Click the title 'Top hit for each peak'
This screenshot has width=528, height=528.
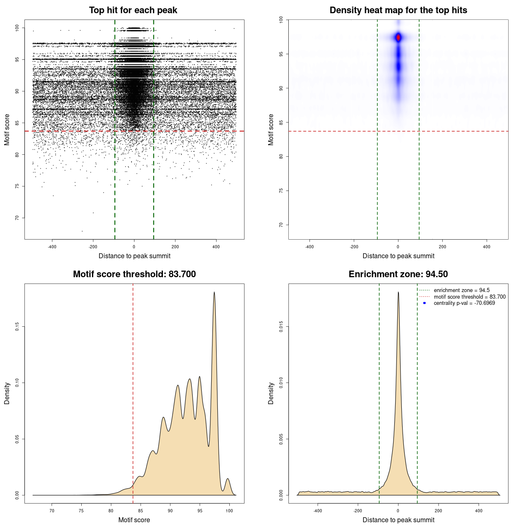(133, 10)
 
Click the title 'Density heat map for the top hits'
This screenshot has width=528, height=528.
(398, 10)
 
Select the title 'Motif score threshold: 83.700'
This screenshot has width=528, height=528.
(134, 274)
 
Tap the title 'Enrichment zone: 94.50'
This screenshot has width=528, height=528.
(398, 274)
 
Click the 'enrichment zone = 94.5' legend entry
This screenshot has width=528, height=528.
(462, 290)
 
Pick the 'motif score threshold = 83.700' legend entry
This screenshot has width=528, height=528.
(469, 297)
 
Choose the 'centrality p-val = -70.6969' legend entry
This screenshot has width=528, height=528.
(464, 303)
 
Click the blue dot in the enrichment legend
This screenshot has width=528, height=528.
(424, 303)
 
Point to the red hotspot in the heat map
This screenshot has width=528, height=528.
(398, 38)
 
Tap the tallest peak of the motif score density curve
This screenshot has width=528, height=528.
(214, 292)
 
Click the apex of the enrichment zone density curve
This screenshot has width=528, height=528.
(398, 292)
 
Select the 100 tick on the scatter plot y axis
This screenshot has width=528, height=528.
(17, 28)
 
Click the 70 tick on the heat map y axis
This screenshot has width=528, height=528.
(281, 225)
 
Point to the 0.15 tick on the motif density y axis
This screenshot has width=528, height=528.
(17, 327)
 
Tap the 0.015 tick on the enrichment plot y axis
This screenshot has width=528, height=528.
(281, 327)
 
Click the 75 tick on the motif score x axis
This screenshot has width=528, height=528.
(81, 511)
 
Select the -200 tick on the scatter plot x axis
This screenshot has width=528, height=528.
(93, 247)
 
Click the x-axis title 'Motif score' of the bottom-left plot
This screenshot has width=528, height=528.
(134, 520)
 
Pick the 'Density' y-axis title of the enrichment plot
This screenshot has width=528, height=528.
(271, 393)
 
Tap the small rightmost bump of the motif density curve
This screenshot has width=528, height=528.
(227, 479)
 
